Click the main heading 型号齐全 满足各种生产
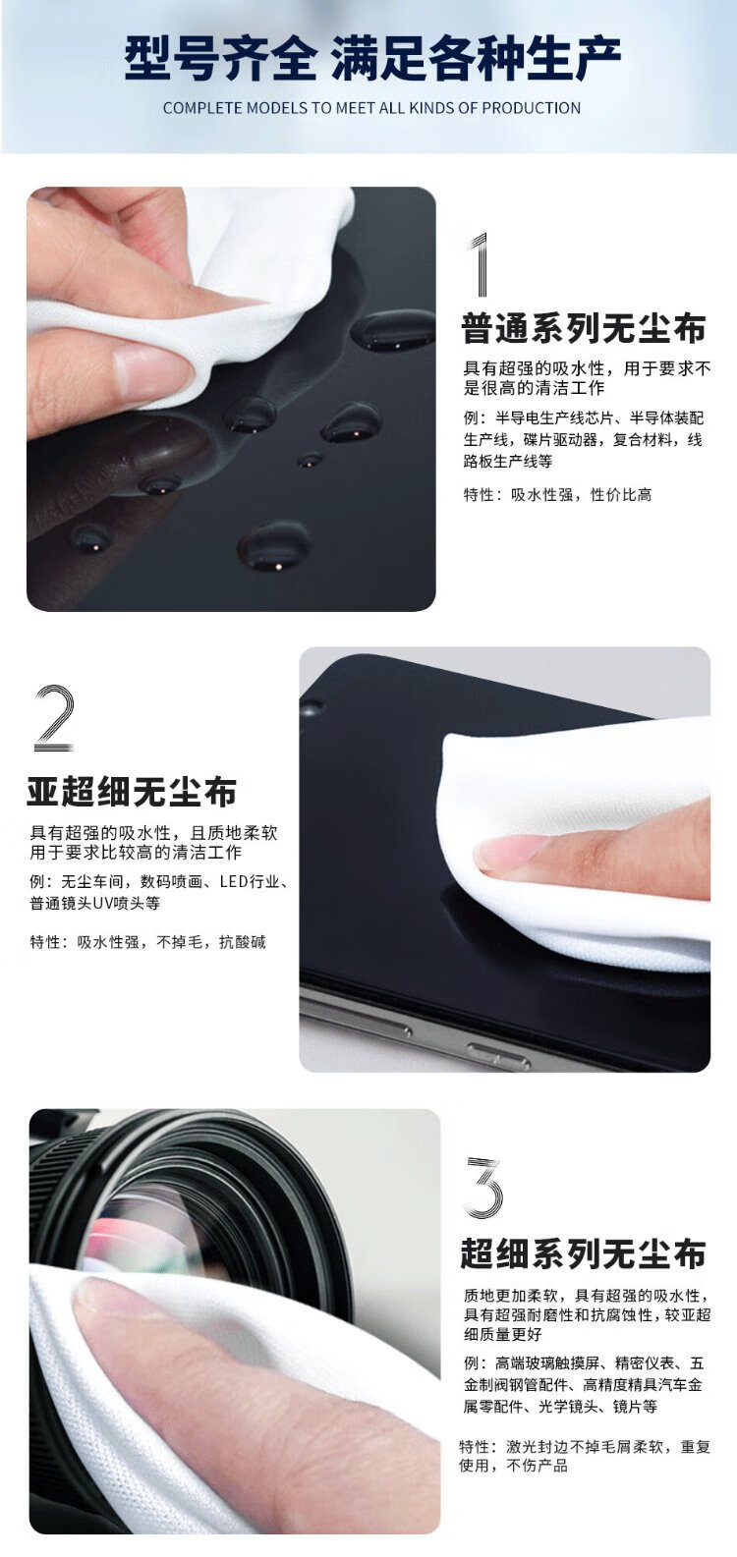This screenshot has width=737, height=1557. [x=372, y=58]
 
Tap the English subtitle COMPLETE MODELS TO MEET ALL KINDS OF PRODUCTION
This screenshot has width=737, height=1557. [x=372, y=108]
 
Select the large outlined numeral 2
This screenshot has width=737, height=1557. [x=53, y=718]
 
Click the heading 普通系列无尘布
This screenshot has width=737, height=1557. [x=584, y=329]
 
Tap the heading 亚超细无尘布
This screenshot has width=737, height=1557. [x=132, y=792]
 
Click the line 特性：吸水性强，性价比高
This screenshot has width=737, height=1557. [x=557, y=495]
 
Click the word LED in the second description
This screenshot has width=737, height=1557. [x=234, y=882]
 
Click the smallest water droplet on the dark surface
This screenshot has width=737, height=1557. [x=311, y=460]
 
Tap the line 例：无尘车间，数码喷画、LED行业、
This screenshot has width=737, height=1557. [x=159, y=882]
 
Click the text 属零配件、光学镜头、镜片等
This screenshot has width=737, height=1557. [x=560, y=1406]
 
